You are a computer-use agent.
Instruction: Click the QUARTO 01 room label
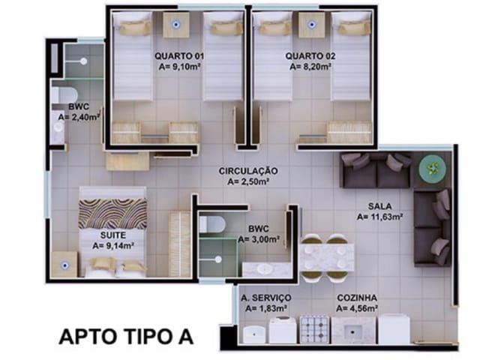179,56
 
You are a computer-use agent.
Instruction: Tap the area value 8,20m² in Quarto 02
310,67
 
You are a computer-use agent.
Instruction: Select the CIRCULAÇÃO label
248,171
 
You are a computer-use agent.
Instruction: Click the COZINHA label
357,298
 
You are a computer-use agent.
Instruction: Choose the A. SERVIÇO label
266,298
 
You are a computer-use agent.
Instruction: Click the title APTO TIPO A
126,337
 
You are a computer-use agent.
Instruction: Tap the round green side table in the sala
433,169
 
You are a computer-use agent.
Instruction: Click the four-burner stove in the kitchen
314,329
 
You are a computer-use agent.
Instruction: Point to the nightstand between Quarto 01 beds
175,25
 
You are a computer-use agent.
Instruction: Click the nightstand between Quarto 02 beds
312,25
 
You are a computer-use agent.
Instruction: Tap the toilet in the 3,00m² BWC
211,224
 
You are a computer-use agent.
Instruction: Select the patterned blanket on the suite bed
112,214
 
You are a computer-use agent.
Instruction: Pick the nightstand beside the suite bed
64,265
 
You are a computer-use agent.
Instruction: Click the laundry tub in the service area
255,334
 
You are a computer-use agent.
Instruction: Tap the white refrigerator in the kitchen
394,329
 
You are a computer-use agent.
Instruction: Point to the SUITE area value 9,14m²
113,245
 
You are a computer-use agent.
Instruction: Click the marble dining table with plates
327,257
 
